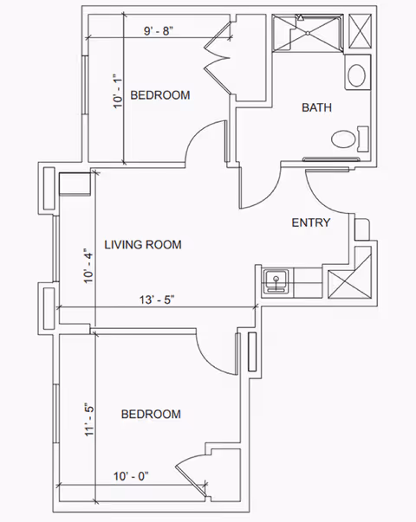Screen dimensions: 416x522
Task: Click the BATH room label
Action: tap(316, 107)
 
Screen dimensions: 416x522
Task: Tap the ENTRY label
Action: tap(311, 222)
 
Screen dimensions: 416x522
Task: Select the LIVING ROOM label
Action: tap(143, 245)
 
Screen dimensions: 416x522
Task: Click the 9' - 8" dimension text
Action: tap(159, 31)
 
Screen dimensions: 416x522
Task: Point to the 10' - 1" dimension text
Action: tap(119, 91)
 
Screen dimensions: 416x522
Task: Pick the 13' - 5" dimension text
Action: tap(157, 300)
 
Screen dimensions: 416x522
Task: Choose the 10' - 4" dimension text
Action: tap(88, 266)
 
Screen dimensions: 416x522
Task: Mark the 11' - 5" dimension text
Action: tap(89, 418)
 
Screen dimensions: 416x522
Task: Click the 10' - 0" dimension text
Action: tap(131, 476)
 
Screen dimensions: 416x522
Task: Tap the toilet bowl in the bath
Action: tap(344, 139)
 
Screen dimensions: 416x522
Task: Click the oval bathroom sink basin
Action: tap(357, 75)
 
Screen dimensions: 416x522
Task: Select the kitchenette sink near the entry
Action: tap(276, 281)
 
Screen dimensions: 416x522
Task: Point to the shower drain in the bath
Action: tap(308, 33)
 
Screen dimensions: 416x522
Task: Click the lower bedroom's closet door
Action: tap(192, 480)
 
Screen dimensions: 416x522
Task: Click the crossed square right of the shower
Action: tap(360, 31)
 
